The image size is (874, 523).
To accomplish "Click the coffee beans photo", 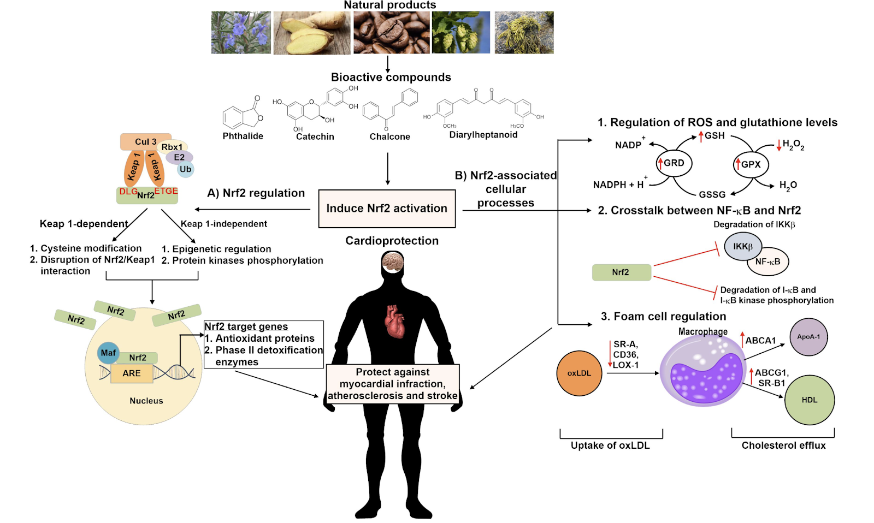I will [x=391, y=33].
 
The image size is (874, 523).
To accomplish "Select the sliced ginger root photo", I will [x=311, y=33].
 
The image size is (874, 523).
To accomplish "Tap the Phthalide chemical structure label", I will [x=243, y=136].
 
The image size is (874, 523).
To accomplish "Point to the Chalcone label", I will [x=389, y=136].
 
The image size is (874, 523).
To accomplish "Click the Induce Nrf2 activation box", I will [x=387, y=209].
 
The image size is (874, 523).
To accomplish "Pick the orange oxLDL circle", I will [x=579, y=373].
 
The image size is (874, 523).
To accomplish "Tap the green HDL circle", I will [x=809, y=400].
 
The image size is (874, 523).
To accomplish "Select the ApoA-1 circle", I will [x=808, y=337].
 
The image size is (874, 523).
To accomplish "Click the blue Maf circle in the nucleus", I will [x=108, y=353].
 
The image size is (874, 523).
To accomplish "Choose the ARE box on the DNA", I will [x=132, y=373].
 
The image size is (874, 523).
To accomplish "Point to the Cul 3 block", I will [x=145, y=142].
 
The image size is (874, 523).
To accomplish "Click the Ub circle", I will [x=186, y=169].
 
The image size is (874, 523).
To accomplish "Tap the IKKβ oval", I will [x=743, y=246].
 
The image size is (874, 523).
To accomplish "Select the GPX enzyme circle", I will [x=751, y=164].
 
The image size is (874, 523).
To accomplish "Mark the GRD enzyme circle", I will [x=674, y=163].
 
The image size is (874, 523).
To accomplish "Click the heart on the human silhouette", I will [x=394, y=322].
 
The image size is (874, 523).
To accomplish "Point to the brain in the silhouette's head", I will [x=393, y=263].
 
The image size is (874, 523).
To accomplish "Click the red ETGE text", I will [x=166, y=191].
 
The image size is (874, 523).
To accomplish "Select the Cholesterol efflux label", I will [x=783, y=445].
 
